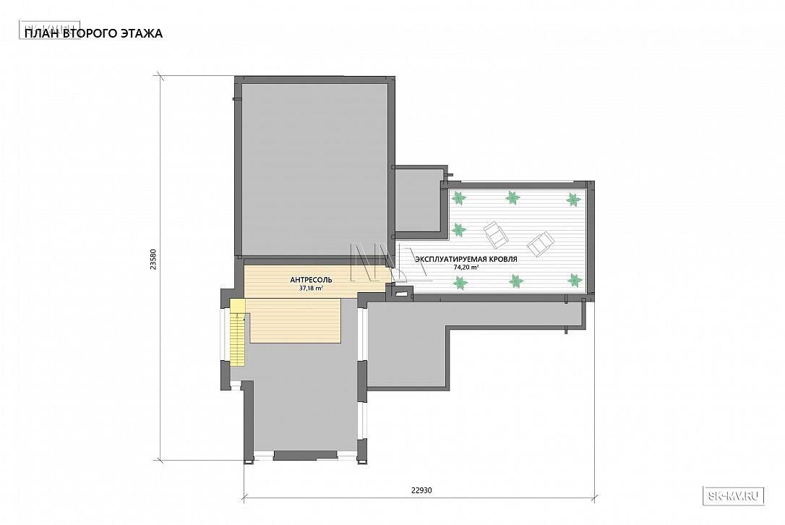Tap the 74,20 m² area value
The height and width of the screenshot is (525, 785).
466,268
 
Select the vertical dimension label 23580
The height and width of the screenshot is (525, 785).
154,260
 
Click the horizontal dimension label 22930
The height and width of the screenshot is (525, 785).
421,490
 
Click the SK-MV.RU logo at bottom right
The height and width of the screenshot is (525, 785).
734,496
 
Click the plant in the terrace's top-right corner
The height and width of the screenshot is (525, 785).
573,200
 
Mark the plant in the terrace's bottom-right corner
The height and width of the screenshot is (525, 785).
574,281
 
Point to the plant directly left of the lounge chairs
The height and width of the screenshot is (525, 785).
458,230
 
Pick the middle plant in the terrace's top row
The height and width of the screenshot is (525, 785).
512,198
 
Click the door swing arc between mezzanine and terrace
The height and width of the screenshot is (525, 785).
400,273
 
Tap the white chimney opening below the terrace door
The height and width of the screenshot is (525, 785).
400,294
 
